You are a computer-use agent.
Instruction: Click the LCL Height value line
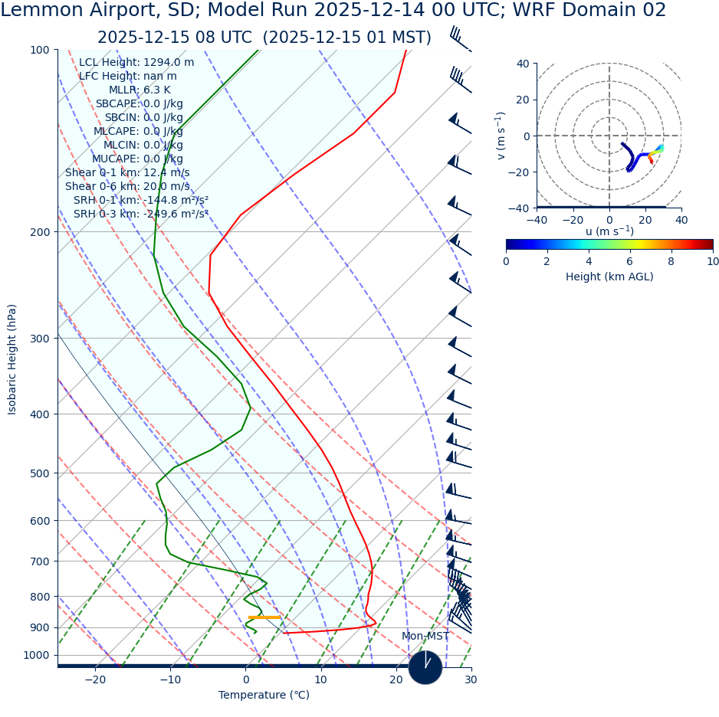(x=136, y=63)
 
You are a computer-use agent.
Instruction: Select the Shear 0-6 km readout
(x=127, y=187)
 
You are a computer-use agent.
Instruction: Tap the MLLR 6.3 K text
(x=140, y=90)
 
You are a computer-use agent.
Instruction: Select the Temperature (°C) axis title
(x=264, y=696)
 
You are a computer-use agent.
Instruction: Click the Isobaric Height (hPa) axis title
(x=12, y=359)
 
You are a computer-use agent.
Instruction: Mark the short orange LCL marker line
(x=264, y=617)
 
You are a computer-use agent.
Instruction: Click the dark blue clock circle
(x=425, y=667)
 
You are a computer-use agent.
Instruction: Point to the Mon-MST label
(x=425, y=637)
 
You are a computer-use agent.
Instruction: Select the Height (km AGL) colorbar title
(x=609, y=277)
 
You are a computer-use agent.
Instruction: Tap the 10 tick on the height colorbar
(x=713, y=261)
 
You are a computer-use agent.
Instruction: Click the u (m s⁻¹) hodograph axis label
(x=609, y=231)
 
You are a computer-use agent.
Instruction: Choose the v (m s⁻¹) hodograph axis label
(x=501, y=136)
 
